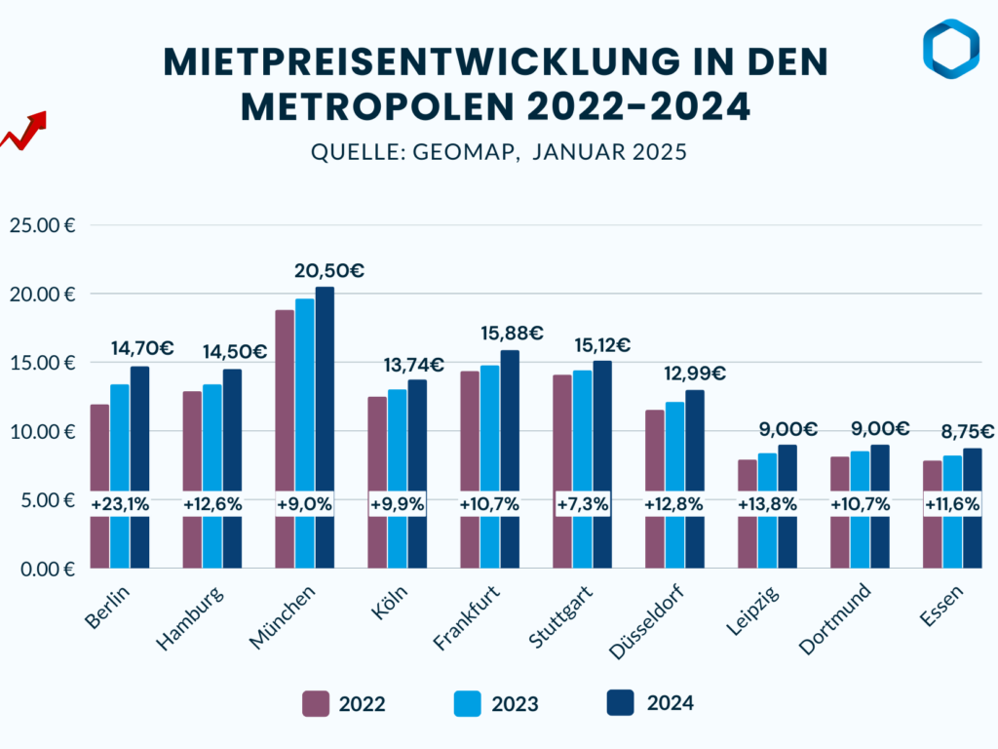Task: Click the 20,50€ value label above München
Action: [x=324, y=271]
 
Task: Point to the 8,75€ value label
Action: [x=967, y=432]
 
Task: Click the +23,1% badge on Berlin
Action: [x=120, y=504]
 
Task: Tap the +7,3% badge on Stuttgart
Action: [x=583, y=504]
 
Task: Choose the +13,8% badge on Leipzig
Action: [x=768, y=504]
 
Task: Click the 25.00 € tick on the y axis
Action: [x=42, y=225]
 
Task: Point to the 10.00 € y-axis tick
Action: [x=42, y=431]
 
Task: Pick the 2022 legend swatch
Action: [x=316, y=703]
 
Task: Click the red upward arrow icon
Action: [x=24, y=131]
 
